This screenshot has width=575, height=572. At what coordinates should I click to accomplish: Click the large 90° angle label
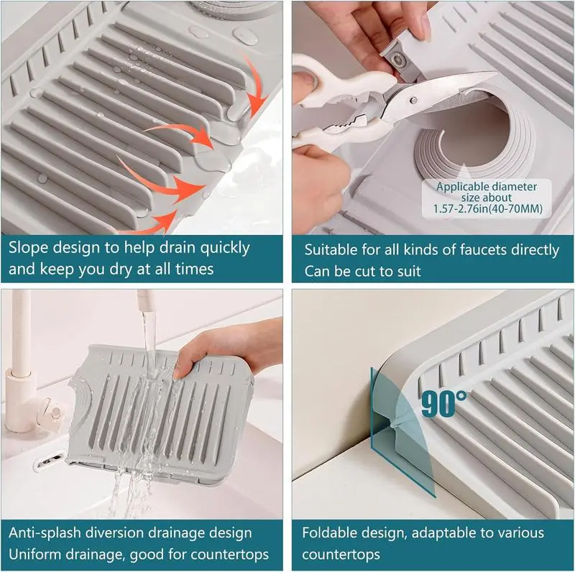tap(444, 403)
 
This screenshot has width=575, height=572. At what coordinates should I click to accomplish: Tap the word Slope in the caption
tap(28, 247)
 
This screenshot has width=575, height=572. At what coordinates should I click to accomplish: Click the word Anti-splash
tap(45, 532)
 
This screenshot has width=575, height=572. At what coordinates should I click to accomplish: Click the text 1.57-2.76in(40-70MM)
tap(487, 208)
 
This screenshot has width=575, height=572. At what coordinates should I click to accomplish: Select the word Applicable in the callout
tap(459, 187)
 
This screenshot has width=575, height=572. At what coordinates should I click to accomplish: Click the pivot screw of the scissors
tap(414, 99)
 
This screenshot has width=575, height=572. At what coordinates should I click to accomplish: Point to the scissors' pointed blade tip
tap(494, 73)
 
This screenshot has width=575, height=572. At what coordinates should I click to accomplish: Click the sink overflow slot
tap(48, 462)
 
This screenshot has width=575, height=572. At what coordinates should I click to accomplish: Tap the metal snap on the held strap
tap(397, 58)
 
